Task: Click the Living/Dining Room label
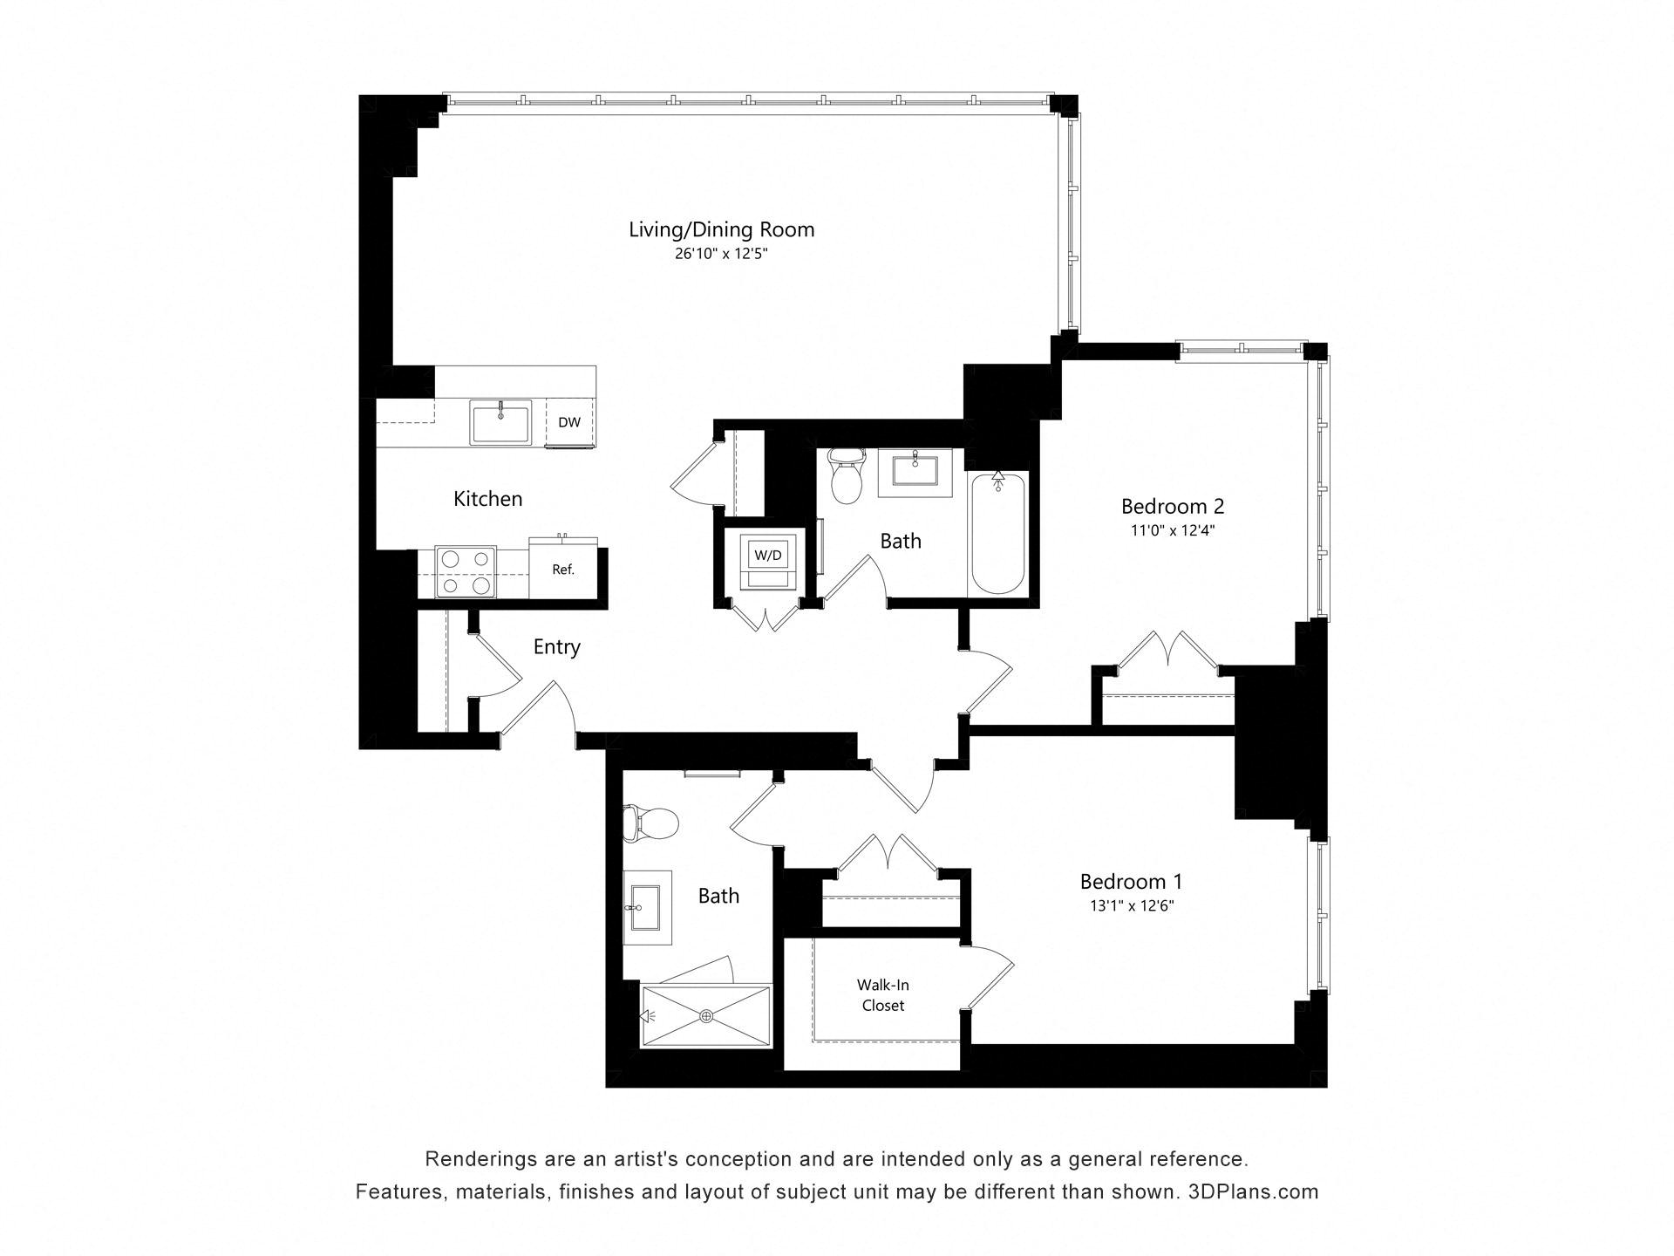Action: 721,229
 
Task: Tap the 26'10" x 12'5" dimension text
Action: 721,255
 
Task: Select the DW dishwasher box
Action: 569,422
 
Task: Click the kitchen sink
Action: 500,423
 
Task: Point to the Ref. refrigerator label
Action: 563,570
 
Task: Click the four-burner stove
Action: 465,572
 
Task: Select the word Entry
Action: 556,647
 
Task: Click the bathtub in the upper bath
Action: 998,533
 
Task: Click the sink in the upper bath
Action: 915,473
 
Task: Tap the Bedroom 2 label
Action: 1172,506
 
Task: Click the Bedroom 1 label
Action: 1131,881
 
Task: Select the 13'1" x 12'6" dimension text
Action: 1131,906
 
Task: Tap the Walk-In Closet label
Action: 882,995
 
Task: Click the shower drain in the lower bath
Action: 706,1016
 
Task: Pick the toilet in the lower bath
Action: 651,823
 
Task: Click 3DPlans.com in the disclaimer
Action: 1253,1191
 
